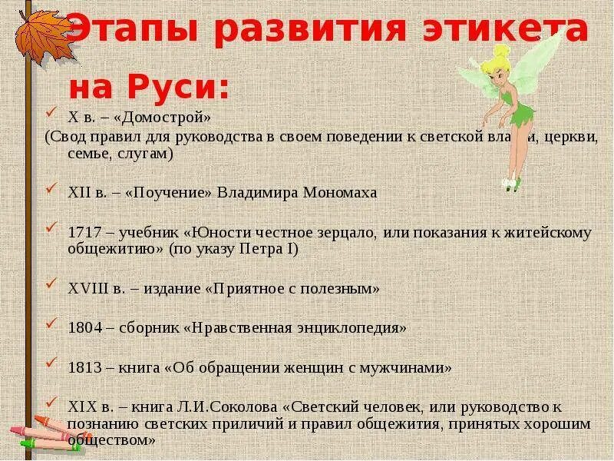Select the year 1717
coord(84,233)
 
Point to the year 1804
coord(84,327)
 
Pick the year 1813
coord(84,367)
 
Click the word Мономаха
coord(338,192)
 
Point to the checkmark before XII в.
coord(51,189)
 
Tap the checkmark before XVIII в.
coord(51,285)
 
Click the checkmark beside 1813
coord(51,363)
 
